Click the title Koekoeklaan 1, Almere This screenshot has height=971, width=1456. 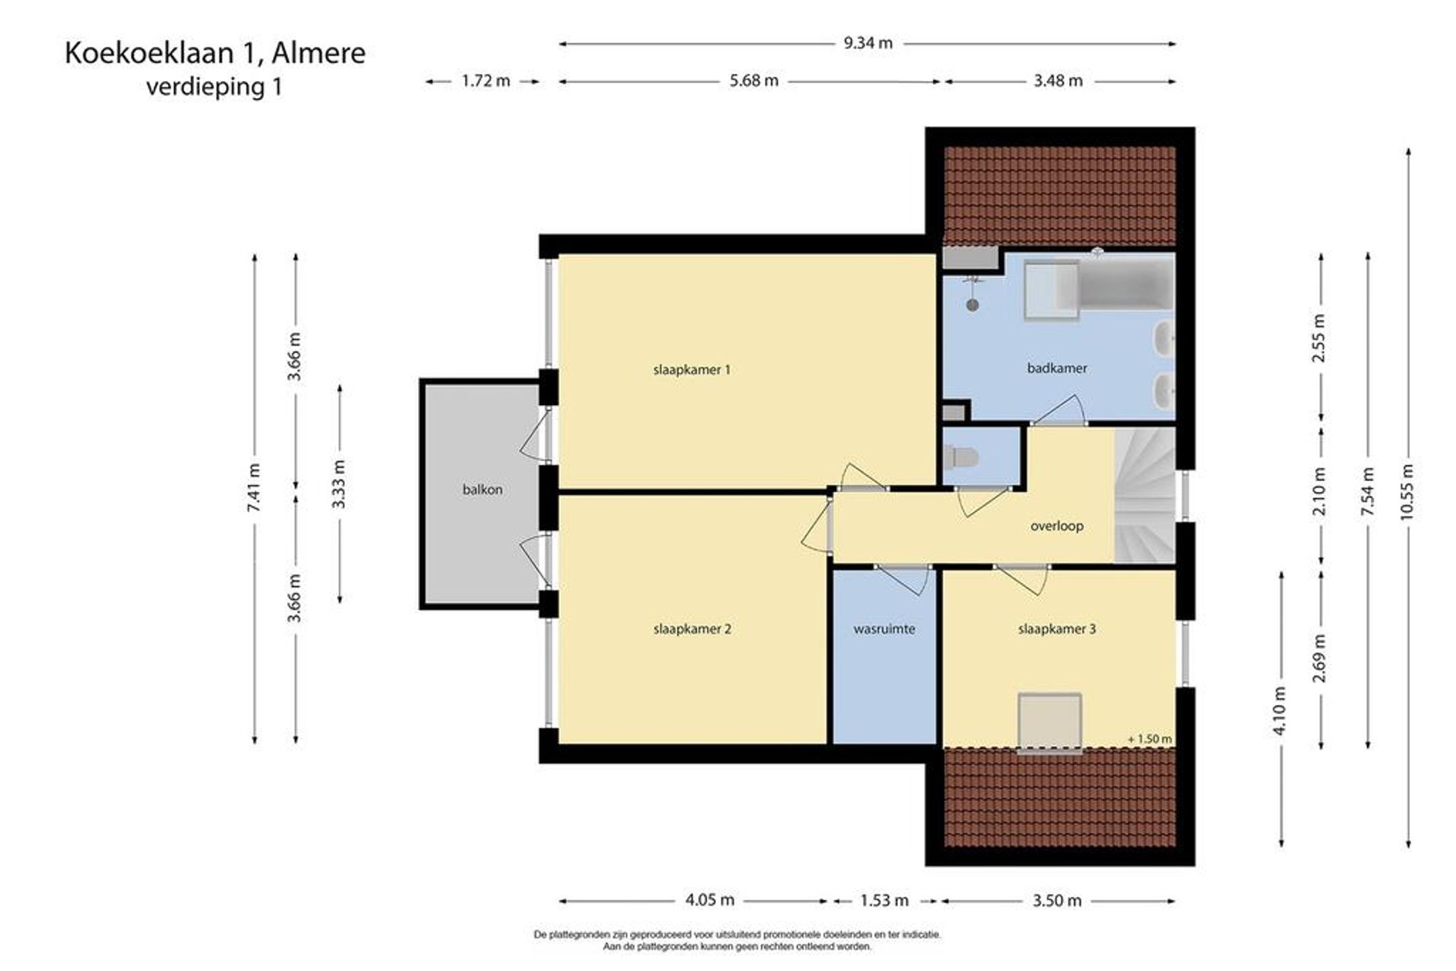click(215, 54)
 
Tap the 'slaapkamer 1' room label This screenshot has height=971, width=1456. click(692, 370)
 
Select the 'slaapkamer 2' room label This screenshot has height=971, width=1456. click(692, 629)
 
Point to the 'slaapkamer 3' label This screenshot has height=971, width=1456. click(1057, 629)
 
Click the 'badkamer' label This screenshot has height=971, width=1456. click(1057, 369)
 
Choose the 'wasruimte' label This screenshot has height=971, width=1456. click(884, 629)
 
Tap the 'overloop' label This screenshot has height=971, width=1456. click(1057, 526)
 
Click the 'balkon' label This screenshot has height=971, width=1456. click(483, 490)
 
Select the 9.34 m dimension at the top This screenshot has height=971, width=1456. click(868, 44)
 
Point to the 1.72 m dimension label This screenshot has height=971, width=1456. click(485, 82)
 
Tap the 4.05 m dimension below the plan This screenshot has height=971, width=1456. click(710, 900)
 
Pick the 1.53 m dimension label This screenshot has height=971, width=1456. click(884, 900)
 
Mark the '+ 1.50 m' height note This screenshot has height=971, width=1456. click(1150, 739)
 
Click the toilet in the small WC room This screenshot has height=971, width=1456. click(961, 458)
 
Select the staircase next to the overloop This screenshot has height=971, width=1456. click(1145, 496)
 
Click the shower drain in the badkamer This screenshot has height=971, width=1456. click(972, 305)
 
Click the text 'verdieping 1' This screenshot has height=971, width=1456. click(214, 87)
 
